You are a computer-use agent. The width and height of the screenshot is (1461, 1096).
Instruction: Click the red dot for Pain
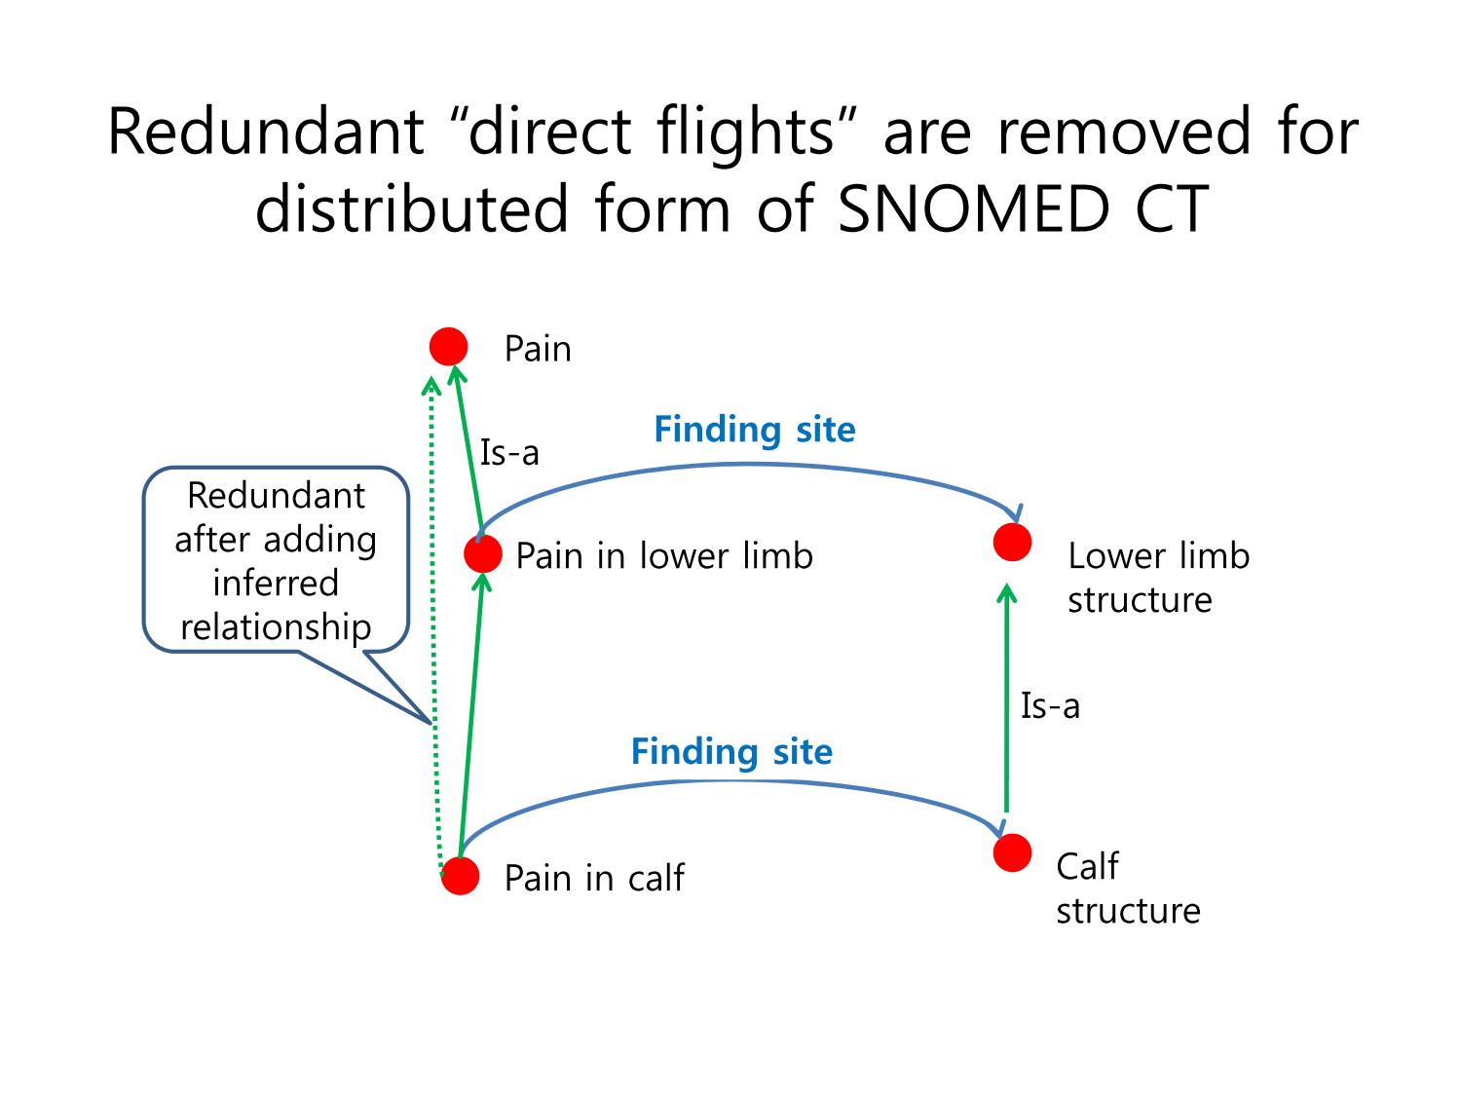(448, 346)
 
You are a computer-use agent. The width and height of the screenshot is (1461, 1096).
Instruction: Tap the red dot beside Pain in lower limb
(482, 553)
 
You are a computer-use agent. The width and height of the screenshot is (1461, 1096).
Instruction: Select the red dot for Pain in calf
(460, 876)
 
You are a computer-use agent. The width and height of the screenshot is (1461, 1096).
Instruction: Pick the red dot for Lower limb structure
(1012, 542)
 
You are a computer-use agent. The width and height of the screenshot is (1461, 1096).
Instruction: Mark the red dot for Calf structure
(1012, 852)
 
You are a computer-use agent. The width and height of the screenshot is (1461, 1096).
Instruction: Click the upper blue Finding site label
(754, 430)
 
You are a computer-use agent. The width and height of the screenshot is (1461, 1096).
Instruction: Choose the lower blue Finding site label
(731, 752)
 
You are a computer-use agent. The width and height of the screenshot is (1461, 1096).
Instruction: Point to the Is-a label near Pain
(509, 453)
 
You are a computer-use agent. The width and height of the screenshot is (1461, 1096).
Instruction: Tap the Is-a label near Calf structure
(1050, 705)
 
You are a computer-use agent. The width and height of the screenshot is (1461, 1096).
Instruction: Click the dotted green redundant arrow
(434, 625)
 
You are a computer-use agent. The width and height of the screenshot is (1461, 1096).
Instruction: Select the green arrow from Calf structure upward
(1006, 698)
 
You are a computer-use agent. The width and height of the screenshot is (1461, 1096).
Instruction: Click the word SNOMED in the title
(973, 208)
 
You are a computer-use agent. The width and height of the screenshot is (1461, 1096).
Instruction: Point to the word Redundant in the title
(266, 132)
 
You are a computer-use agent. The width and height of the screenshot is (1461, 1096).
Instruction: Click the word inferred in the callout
(276, 583)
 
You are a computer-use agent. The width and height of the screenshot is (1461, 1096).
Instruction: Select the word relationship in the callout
(276, 628)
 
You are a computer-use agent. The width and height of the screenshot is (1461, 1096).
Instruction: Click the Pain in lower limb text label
(664, 555)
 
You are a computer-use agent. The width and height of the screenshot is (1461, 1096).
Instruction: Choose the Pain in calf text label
(594, 878)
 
